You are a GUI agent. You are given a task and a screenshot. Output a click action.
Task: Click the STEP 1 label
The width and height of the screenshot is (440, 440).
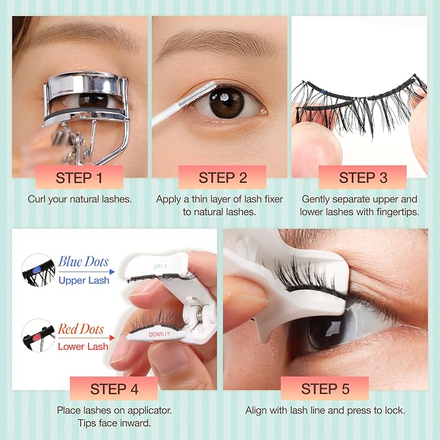coord(79,178)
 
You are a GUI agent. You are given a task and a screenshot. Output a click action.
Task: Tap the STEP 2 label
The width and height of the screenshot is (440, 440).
coord(223,178)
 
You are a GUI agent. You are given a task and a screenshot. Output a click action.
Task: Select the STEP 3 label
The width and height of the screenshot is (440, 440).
coord(363,178)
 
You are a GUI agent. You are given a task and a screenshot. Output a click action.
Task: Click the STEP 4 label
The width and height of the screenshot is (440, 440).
coord(114,389)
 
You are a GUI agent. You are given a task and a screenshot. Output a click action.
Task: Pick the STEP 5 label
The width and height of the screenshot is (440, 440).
coord(325,389)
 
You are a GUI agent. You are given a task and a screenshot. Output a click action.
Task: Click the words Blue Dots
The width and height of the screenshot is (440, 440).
coord(84,262)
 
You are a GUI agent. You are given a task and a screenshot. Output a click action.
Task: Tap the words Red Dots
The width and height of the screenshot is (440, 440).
coord(81,329)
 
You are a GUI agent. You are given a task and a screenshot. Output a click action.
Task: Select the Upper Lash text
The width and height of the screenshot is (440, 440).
coord(84,281)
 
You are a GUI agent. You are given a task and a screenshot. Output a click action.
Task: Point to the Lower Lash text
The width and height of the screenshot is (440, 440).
coord(83,347)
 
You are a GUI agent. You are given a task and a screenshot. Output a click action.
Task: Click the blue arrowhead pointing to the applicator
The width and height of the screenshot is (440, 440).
coord(112,272)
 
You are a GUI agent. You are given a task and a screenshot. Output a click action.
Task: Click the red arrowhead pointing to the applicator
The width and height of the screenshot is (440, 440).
coord(112,338)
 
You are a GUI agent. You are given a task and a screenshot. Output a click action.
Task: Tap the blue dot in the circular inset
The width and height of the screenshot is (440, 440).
coord(36,270)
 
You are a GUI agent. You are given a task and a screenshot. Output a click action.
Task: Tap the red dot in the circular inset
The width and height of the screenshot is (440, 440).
coord(36,338)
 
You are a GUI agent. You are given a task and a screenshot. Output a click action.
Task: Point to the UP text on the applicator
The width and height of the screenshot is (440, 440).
coord(158,266)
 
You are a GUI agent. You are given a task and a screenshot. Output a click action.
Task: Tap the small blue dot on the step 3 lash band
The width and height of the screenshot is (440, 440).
coord(323,92)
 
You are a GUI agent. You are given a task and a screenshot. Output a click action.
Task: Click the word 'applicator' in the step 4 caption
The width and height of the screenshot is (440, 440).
coord(149,410)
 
